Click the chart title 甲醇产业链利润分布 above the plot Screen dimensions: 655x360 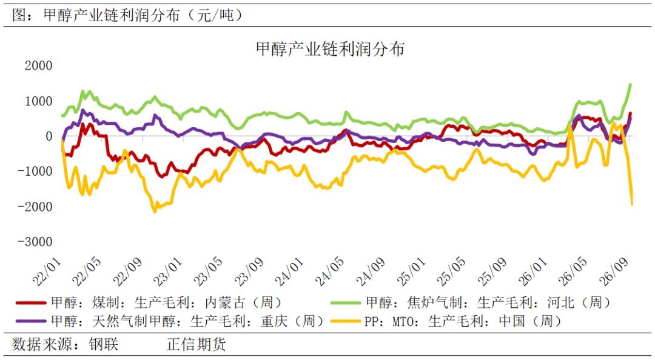coord(330,49)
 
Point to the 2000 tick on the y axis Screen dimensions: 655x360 coord(38,65)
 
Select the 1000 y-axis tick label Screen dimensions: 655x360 coord(38,101)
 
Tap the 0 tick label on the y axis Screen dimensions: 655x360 coord(49,136)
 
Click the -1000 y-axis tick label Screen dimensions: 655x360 coord(35,172)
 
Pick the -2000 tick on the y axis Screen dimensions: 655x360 coord(35,206)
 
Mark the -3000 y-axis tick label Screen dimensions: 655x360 coord(35,241)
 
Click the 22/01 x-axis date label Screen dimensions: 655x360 coord(47,272)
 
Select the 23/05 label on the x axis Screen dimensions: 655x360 coord(209,272)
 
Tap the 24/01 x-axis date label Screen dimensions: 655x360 coord(290,272)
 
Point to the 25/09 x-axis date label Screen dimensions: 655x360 coord(492,272)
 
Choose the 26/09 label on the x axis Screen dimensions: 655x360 coord(614,272)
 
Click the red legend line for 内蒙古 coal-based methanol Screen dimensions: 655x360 coord(31,302)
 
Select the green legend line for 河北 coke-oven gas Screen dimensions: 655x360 coord(346,302)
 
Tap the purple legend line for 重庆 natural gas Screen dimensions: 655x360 coord(31,321)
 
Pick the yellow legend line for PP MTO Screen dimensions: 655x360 coord(346,321)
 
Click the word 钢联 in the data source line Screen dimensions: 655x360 coord(104,344)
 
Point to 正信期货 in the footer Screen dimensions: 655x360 coord(196,344)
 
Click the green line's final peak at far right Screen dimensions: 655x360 coord(630,84)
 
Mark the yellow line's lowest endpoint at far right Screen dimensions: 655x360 coord(631,205)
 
